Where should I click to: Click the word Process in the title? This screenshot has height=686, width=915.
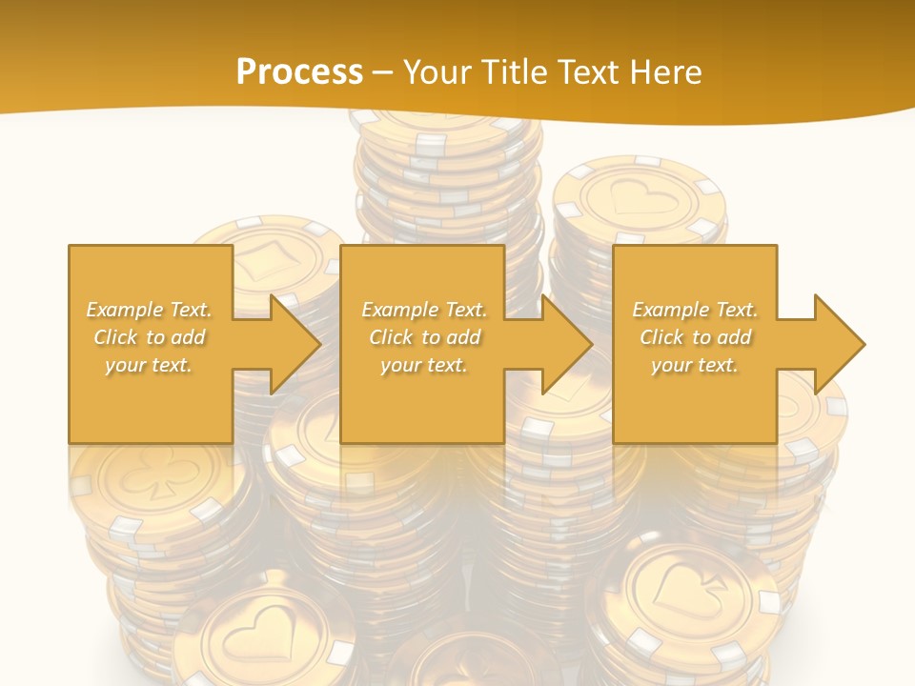click(299, 71)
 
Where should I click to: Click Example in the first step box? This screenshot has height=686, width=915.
click(124, 310)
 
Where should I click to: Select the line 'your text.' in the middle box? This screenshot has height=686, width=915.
click(423, 365)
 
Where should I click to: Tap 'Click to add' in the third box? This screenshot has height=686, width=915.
click(696, 337)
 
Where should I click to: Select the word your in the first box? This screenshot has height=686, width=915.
click(125, 365)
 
